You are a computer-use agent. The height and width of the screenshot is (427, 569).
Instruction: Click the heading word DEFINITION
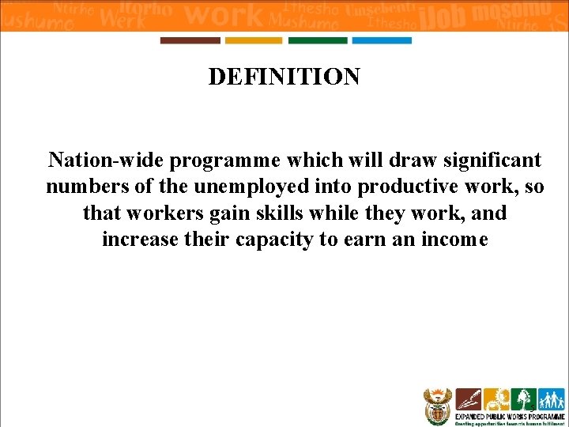[284, 77]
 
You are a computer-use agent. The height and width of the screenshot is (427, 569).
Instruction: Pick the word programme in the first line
[225, 161]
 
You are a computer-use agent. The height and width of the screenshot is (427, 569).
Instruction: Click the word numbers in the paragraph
[85, 187]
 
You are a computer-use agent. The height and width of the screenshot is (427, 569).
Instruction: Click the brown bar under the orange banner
[190, 40]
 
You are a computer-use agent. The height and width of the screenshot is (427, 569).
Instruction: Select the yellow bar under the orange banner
[254, 40]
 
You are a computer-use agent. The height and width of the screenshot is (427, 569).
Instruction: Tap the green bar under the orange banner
[318, 40]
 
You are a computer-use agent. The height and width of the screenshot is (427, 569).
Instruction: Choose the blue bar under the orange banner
[382, 40]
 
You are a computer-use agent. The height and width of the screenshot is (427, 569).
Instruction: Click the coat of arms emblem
[436, 406]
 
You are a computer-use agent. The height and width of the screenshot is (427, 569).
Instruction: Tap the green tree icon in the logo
[522, 399]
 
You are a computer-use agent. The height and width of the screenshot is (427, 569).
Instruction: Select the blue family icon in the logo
[551, 399]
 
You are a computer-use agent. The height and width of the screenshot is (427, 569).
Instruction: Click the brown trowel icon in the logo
[469, 399]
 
